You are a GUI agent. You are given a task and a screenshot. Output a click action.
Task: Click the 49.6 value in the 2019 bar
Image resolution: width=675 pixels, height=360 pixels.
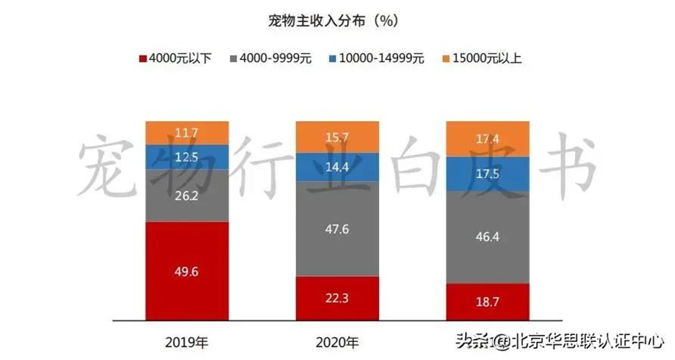coord(187,271)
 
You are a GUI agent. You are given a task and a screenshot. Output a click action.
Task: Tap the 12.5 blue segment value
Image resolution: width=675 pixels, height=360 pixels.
coord(187,157)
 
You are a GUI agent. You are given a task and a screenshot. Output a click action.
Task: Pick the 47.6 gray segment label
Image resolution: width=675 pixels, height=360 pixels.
coord(338,229)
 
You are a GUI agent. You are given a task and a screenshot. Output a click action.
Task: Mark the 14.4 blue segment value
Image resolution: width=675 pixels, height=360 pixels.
coord(338,166)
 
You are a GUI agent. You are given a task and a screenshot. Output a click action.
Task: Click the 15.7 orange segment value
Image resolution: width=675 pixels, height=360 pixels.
coord(338,137)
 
